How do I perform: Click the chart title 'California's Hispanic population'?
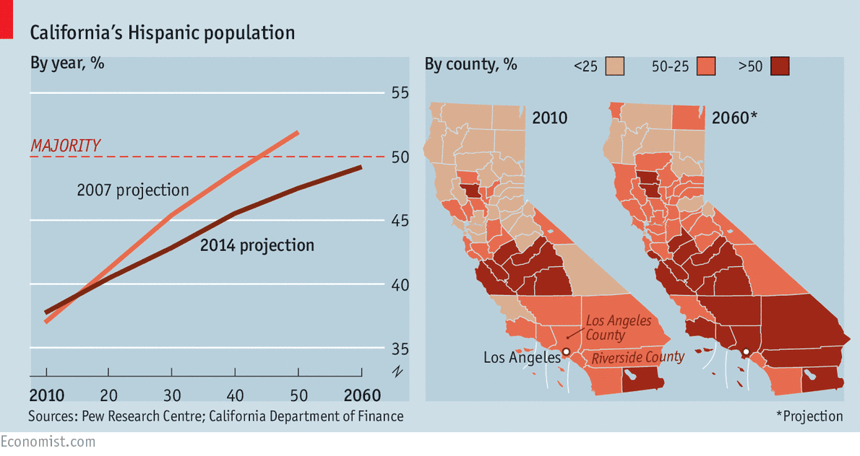pyautogui.click(x=162, y=32)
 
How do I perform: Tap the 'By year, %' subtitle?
pyautogui.click(x=67, y=63)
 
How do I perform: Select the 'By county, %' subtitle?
pyautogui.click(x=470, y=64)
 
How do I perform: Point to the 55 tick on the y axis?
pyautogui.click(x=400, y=93)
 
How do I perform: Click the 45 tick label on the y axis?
pyautogui.click(x=400, y=221)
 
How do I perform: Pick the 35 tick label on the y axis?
pyautogui.click(x=400, y=349)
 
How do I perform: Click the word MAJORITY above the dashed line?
pyautogui.click(x=65, y=146)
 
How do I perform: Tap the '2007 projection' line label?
pyautogui.click(x=133, y=190)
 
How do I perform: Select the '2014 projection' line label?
pyautogui.click(x=257, y=245)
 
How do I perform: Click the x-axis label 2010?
pyautogui.click(x=47, y=395)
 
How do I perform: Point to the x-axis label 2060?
pyautogui.click(x=361, y=395)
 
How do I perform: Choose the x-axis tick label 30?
pyautogui.click(x=172, y=395)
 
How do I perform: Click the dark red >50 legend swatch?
pyautogui.click(x=779, y=66)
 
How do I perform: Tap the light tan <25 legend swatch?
pyautogui.click(x=616, y=66)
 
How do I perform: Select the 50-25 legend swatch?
pyautogui.click(x=707, y=66)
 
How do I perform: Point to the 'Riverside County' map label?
pyautogui.click(x=638, y=357)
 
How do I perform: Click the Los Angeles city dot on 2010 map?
pyautogui.click(x=567, y=351)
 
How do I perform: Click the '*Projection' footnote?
pyautogui.click(x=809, y=416)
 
